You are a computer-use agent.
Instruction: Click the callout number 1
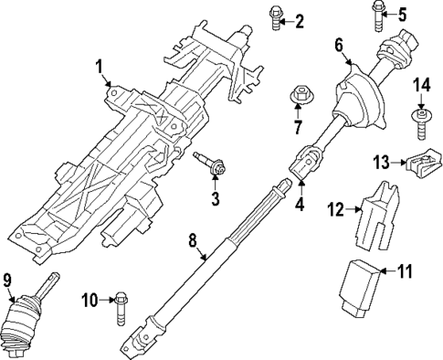click(100, 67)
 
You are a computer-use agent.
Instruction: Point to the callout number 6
click(338, 44)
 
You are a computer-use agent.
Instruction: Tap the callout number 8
click(193, 242)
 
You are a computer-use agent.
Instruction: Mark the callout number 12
click(336, 210)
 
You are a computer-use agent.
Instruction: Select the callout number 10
click(90, 299)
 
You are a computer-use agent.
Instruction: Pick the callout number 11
click(405, 270)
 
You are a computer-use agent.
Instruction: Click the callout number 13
click(383, 162)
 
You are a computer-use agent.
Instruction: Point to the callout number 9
click(9, 279)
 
